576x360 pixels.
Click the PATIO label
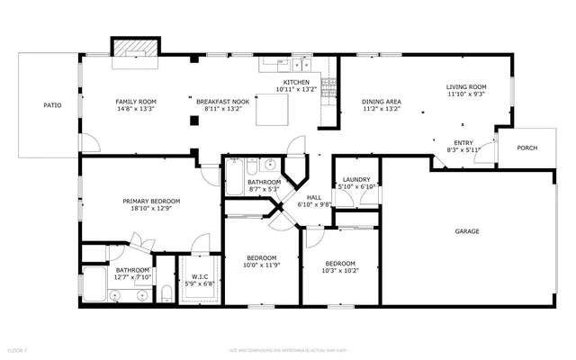[53, 105]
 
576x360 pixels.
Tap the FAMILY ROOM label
[135, 102]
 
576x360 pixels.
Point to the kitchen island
[271, 111]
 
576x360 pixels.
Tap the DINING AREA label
[382, 102]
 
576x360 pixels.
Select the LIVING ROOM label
[465, 87]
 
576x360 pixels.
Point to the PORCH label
[528, 149]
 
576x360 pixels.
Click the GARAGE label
[466, 231]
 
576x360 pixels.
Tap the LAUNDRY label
[356, 179]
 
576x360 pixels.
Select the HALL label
[314, 197]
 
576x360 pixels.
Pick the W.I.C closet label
[199, 277]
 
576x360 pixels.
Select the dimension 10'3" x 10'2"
[339, 269]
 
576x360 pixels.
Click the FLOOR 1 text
[18, 348]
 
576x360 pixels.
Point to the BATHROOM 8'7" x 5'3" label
[265, 182]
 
